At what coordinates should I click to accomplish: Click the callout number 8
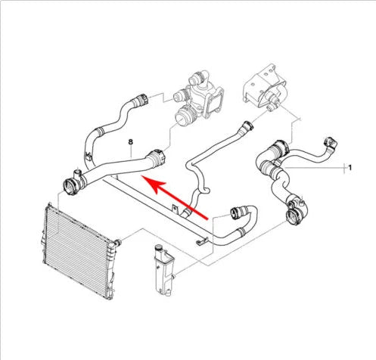(131, 141)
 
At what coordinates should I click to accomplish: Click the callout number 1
(349, 166)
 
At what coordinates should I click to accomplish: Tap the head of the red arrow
(148, 182)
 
